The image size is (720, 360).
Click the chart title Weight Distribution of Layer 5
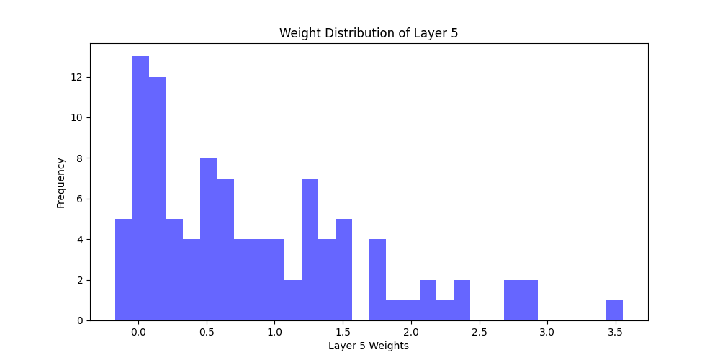(369, 33)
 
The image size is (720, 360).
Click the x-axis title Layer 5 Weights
(369, 346)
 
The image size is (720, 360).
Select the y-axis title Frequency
(61, 183)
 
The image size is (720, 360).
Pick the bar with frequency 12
(158, 199)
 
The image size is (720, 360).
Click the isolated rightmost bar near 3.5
(614, 310)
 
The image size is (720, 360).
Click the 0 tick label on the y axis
(80, 320)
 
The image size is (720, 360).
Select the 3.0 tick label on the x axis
(547, 333)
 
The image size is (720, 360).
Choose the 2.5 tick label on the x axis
(479, 333)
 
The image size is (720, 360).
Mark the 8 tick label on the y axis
(80, 158)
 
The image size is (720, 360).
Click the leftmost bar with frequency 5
(124, 270)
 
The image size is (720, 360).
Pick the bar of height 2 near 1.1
(293, 300)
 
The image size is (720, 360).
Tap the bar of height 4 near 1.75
(377, 280)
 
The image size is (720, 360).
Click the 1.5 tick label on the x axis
(343, 333)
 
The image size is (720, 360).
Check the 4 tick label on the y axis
(80, 239)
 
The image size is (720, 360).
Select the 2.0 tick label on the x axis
(411, 333)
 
